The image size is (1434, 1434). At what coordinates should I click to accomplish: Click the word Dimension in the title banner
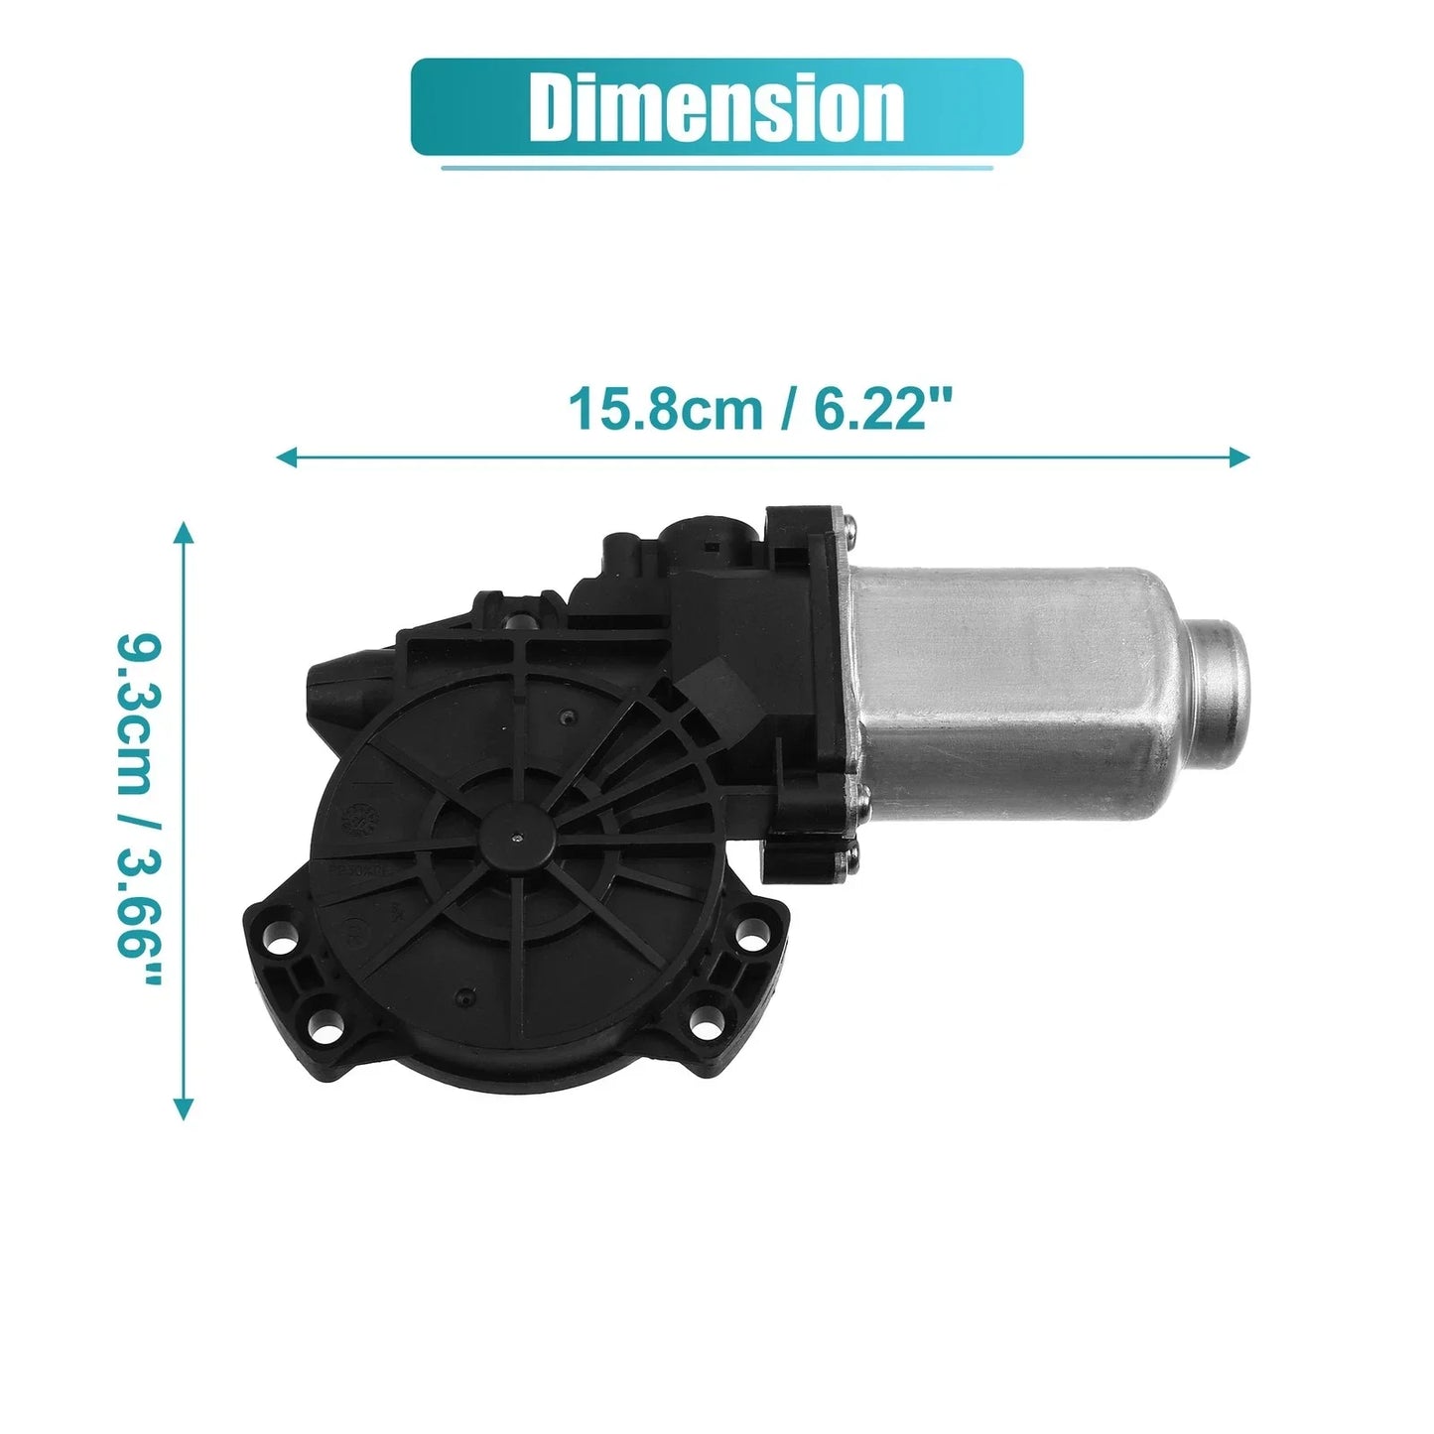pos(717,107)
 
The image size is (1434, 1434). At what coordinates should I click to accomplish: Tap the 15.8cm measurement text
pos(665,409)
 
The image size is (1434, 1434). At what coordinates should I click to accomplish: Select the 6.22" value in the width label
pos(882,409)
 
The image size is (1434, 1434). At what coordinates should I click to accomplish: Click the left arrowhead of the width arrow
pos(287,456)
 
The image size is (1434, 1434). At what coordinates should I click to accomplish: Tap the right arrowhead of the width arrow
pos(1238,456)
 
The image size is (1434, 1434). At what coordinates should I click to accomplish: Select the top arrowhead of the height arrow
pos(183,533)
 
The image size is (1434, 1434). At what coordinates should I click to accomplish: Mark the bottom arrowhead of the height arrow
pos(183,1108)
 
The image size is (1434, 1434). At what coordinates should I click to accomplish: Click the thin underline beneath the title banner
pos(717,168)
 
